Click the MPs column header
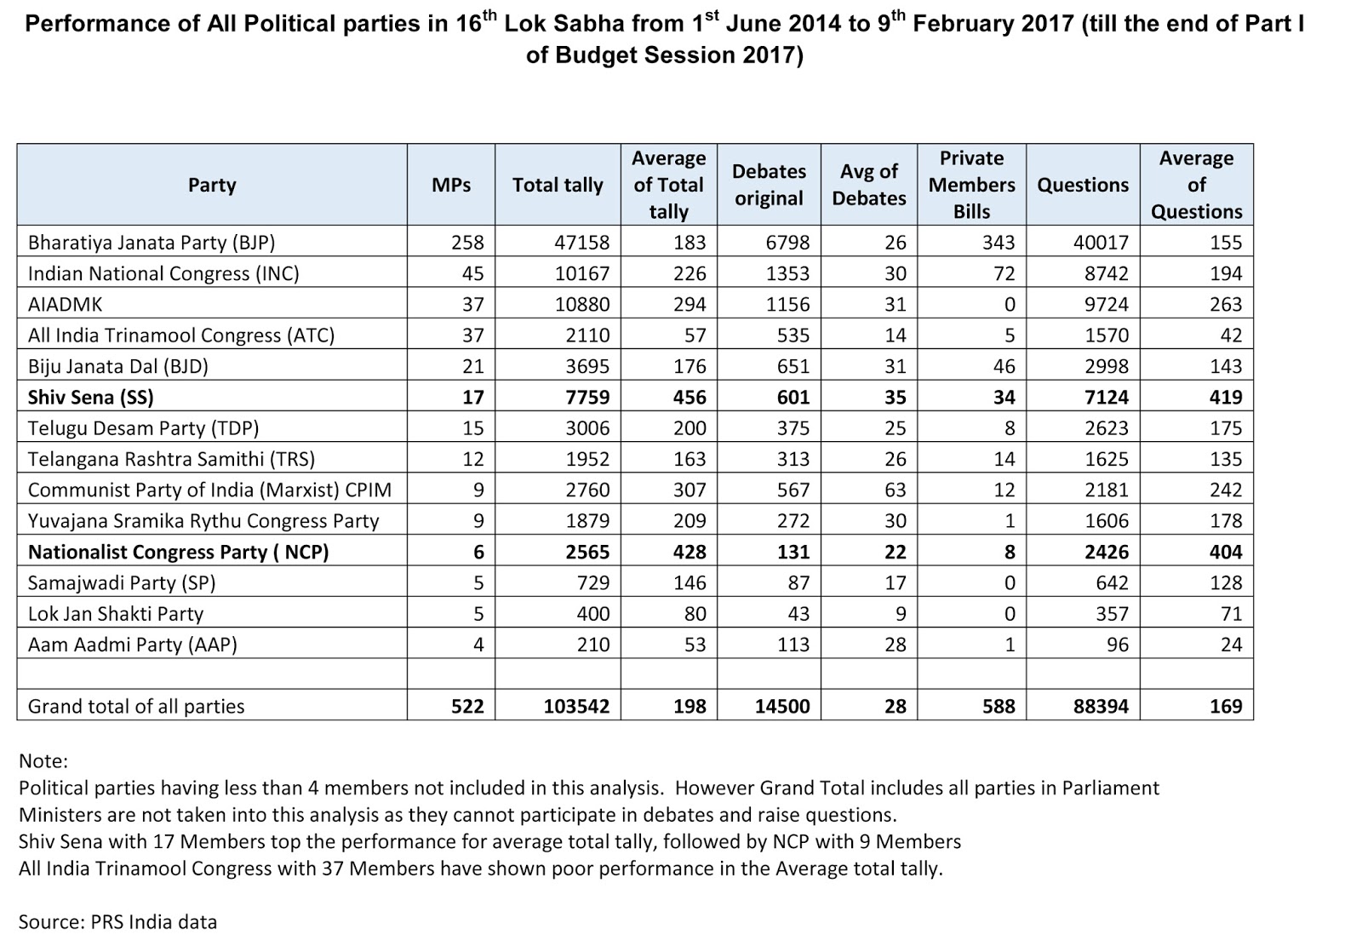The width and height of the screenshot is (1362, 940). tap(451, 185)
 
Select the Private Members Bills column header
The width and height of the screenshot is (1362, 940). tap(971, 185)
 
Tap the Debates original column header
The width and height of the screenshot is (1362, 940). tap(769, 185)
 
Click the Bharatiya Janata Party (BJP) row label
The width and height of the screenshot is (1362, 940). tap(152, 243)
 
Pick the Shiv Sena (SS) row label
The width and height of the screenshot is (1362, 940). tap(91, 397)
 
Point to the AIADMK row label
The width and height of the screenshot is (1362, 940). tap(66, 304)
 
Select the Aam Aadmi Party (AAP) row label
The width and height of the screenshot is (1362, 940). tap(133, 645)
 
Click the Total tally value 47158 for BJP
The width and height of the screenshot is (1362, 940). tap(581, 243)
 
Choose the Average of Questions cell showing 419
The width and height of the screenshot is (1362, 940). tap(1226, 397)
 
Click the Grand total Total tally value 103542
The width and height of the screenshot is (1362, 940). tap(576, 706)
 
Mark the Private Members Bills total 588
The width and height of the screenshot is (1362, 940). tap(999, 706)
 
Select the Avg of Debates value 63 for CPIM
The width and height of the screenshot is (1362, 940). tap(895, 490)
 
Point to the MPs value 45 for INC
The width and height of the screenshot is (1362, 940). tap(472, 273)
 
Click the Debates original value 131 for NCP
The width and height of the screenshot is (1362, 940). tap(793, 552)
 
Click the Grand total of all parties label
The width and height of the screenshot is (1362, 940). tap(136, 706)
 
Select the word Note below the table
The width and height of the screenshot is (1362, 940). tap(43, 760)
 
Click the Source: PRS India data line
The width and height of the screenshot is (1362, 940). tap(117, 921)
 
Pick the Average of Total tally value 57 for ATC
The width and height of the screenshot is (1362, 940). tap(695, 335)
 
